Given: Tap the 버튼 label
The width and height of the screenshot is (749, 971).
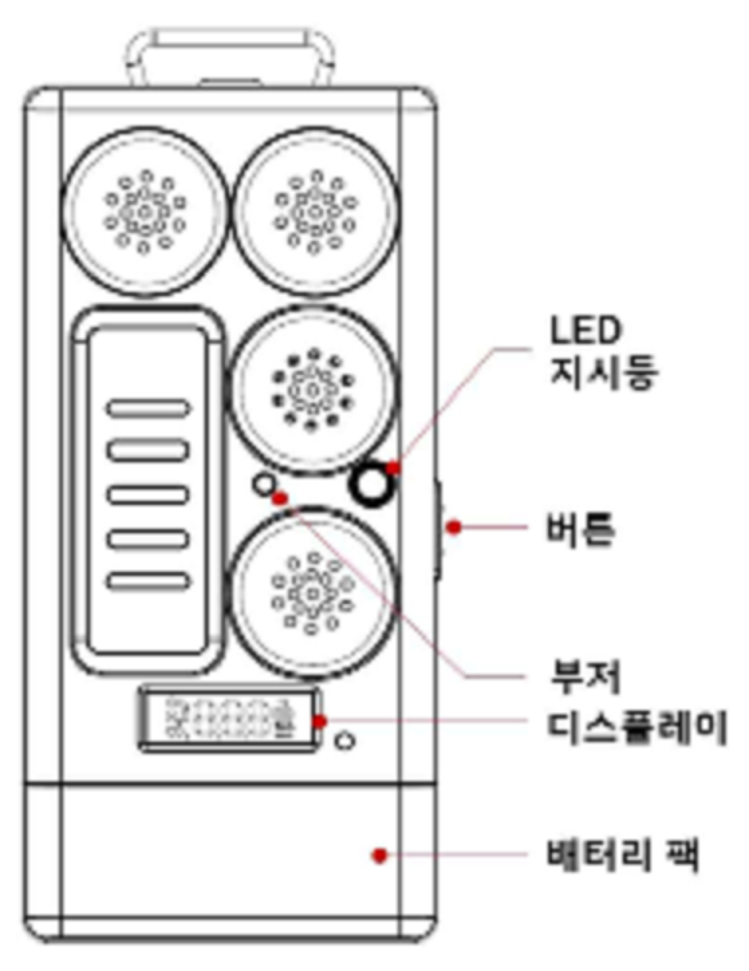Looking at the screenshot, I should click(581, 529).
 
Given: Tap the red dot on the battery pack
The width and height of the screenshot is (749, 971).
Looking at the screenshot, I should click(380, 855).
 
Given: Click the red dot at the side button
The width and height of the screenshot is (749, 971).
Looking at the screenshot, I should click(452, 527).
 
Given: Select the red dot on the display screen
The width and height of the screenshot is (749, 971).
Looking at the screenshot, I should click(321, 721).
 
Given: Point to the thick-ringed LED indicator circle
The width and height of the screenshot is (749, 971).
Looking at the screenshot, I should click(372, 484).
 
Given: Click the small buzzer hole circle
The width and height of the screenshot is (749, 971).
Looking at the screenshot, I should click(263, 483).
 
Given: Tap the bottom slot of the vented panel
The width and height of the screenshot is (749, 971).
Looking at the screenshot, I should click(147, 582).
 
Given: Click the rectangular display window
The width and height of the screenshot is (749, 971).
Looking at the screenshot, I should click(233, 721).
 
